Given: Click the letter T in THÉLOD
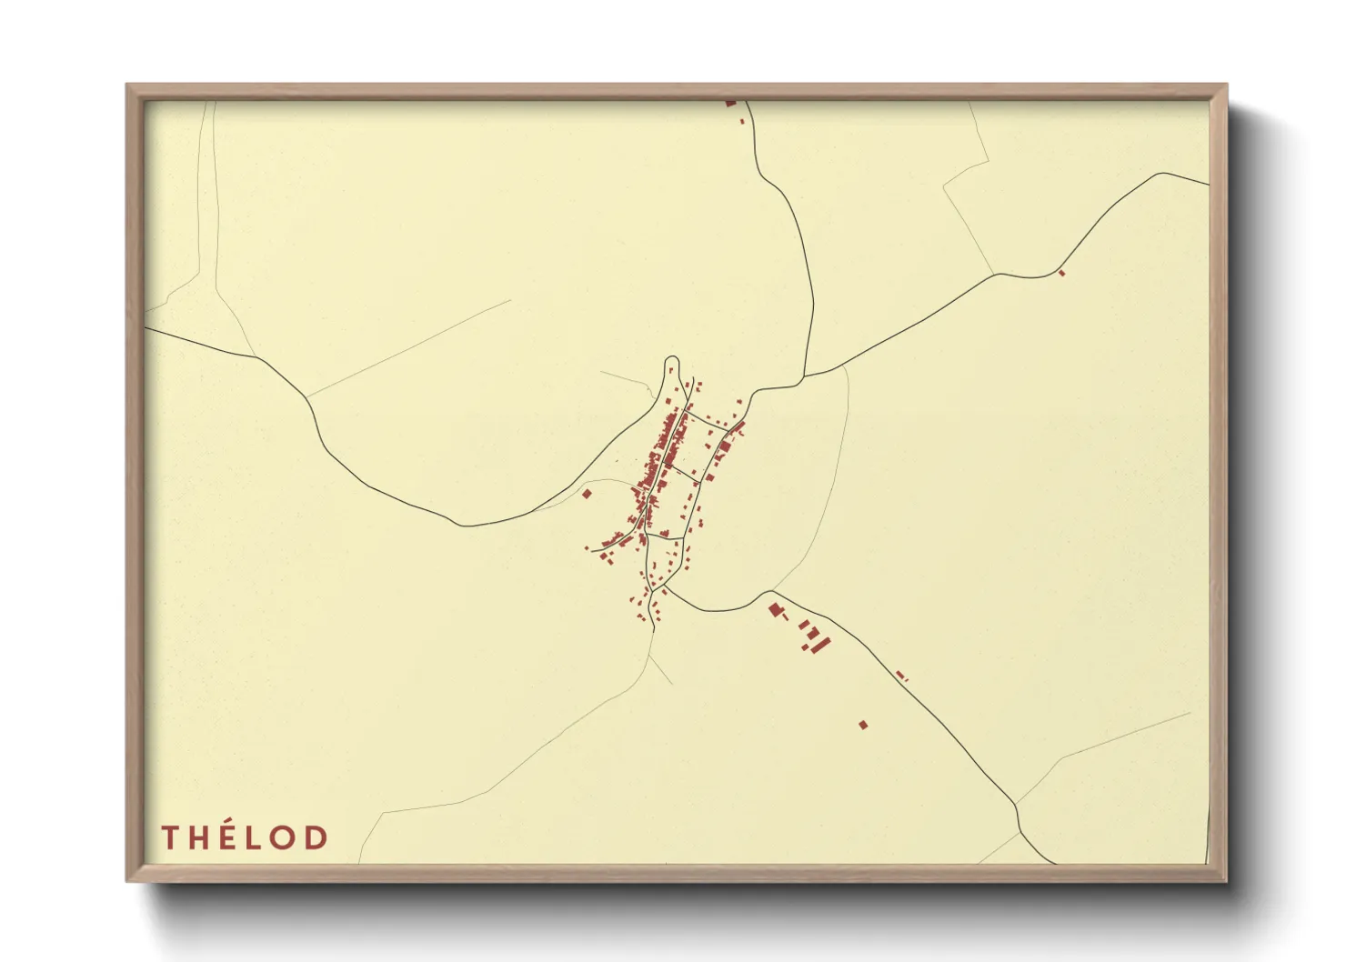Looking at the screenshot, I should [x=171, y=837].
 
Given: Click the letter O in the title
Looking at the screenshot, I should [x=286, y=837].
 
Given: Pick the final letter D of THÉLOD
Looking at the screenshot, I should [x=316, y=837].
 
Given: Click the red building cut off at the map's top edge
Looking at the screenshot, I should [x=730, y=103].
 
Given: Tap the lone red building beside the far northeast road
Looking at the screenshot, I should [x=1061, y=272].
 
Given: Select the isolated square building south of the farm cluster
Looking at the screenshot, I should [x=863, y=725].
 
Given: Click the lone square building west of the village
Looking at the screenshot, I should [x=587, y=494].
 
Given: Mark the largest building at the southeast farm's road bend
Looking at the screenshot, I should [x=776, y=609].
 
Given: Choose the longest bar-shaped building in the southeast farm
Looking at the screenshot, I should [x=823, y=644].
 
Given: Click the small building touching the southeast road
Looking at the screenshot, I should [x=901, y=675].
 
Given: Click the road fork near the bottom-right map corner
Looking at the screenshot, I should [x=1016, y=805].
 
